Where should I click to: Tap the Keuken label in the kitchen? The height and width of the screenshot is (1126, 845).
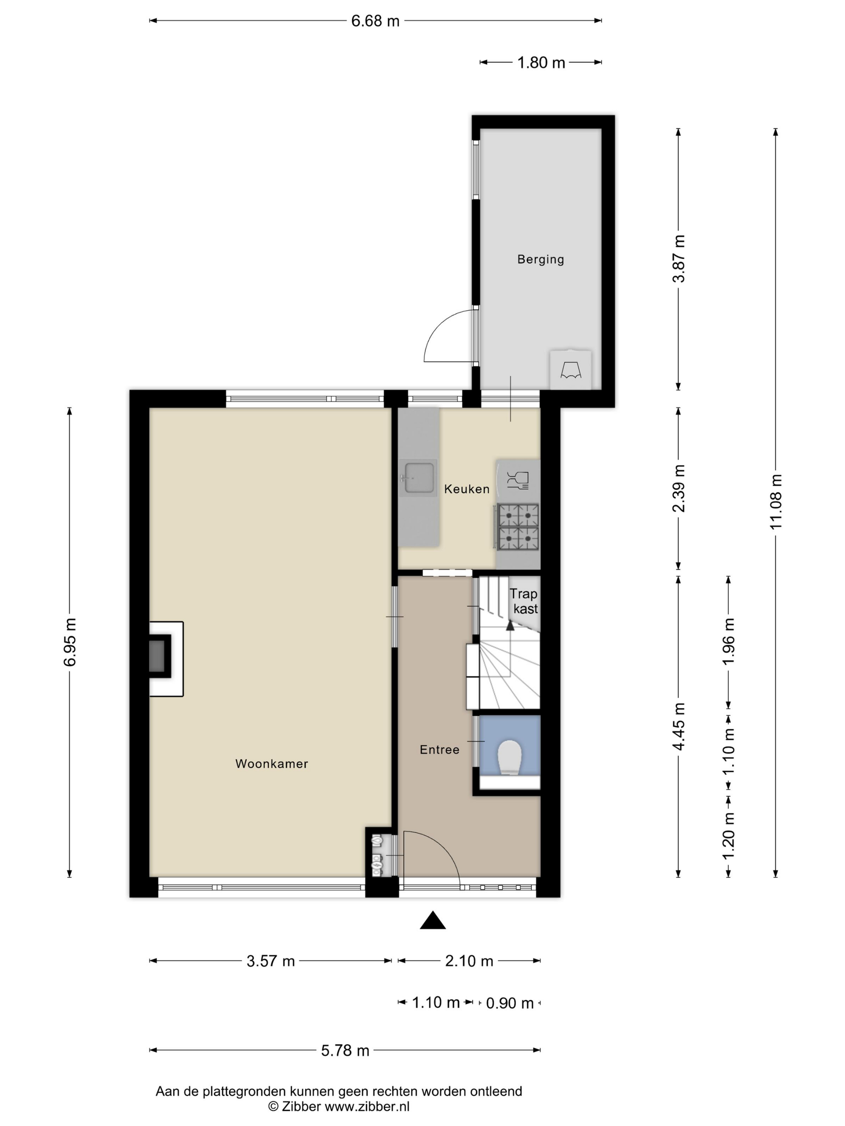click(x=466, y=489)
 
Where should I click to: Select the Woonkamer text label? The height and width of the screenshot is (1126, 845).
click(x=272, y=764)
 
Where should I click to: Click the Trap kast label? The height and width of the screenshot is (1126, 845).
click(x=525, y=601)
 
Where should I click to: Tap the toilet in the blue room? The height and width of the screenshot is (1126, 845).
click(x=509, y=757)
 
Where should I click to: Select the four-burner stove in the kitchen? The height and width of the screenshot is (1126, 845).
click(x=518, y=527)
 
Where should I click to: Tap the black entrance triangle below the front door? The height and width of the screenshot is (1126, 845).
click(x=433, y=920)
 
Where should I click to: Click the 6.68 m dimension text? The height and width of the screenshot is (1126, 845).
click(x=375, y=21)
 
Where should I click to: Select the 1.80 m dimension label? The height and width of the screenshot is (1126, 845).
click(x=541, y=63)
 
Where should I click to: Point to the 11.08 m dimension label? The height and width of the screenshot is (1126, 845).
click(x=775, y=501)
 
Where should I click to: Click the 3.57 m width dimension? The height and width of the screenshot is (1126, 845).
click(x=270, y=961)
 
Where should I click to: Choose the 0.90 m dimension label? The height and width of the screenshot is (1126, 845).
click(x=510, y=1003)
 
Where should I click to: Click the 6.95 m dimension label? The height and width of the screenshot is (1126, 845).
click(x=69, y=642)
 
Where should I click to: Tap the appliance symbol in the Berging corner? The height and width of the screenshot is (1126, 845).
click(x=571, y=370)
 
